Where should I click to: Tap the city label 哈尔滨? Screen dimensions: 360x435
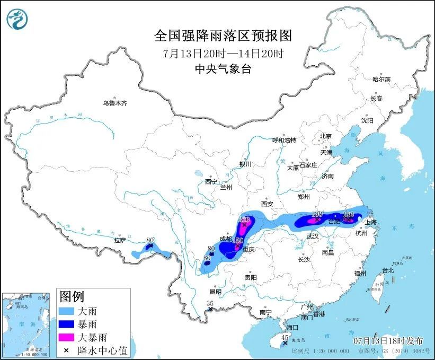[x=380, y=79]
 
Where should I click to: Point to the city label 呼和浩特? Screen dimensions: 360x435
[x=283, y=140]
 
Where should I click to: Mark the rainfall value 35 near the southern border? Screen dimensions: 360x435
[x=209, y=303]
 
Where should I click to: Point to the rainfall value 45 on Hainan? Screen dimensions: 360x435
[x=285, y=337]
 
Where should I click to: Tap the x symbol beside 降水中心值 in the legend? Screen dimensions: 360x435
[x=67, y=349]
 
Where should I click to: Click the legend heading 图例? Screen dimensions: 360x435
[x=71, y=296]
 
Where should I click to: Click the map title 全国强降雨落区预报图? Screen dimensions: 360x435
[x=223, y=36]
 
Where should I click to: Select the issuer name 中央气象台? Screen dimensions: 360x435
[x=223, y=68]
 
